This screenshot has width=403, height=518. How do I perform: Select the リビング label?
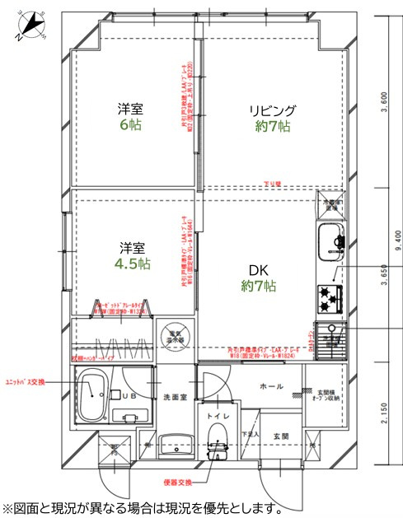tap(274, 110)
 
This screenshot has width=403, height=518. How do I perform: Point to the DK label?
tap(257, 269)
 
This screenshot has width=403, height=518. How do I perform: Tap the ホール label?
tap(271, 385)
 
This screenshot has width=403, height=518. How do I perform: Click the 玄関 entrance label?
tap(279, 436)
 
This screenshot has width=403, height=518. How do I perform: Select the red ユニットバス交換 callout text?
tap(26, 381)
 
